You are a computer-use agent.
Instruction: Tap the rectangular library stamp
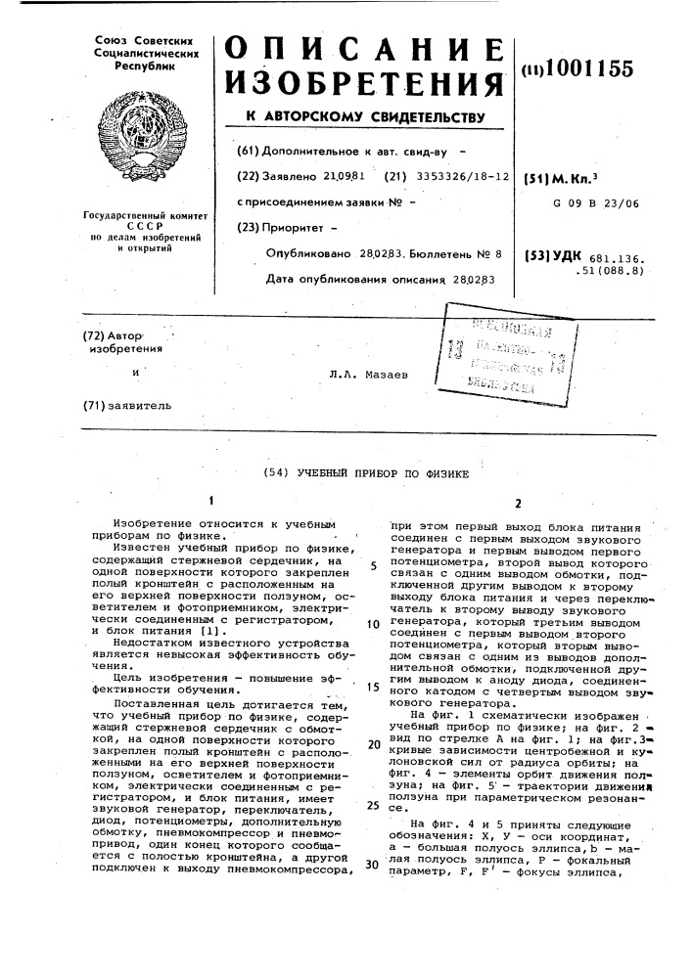509,349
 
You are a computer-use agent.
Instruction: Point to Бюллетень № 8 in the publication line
455,253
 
